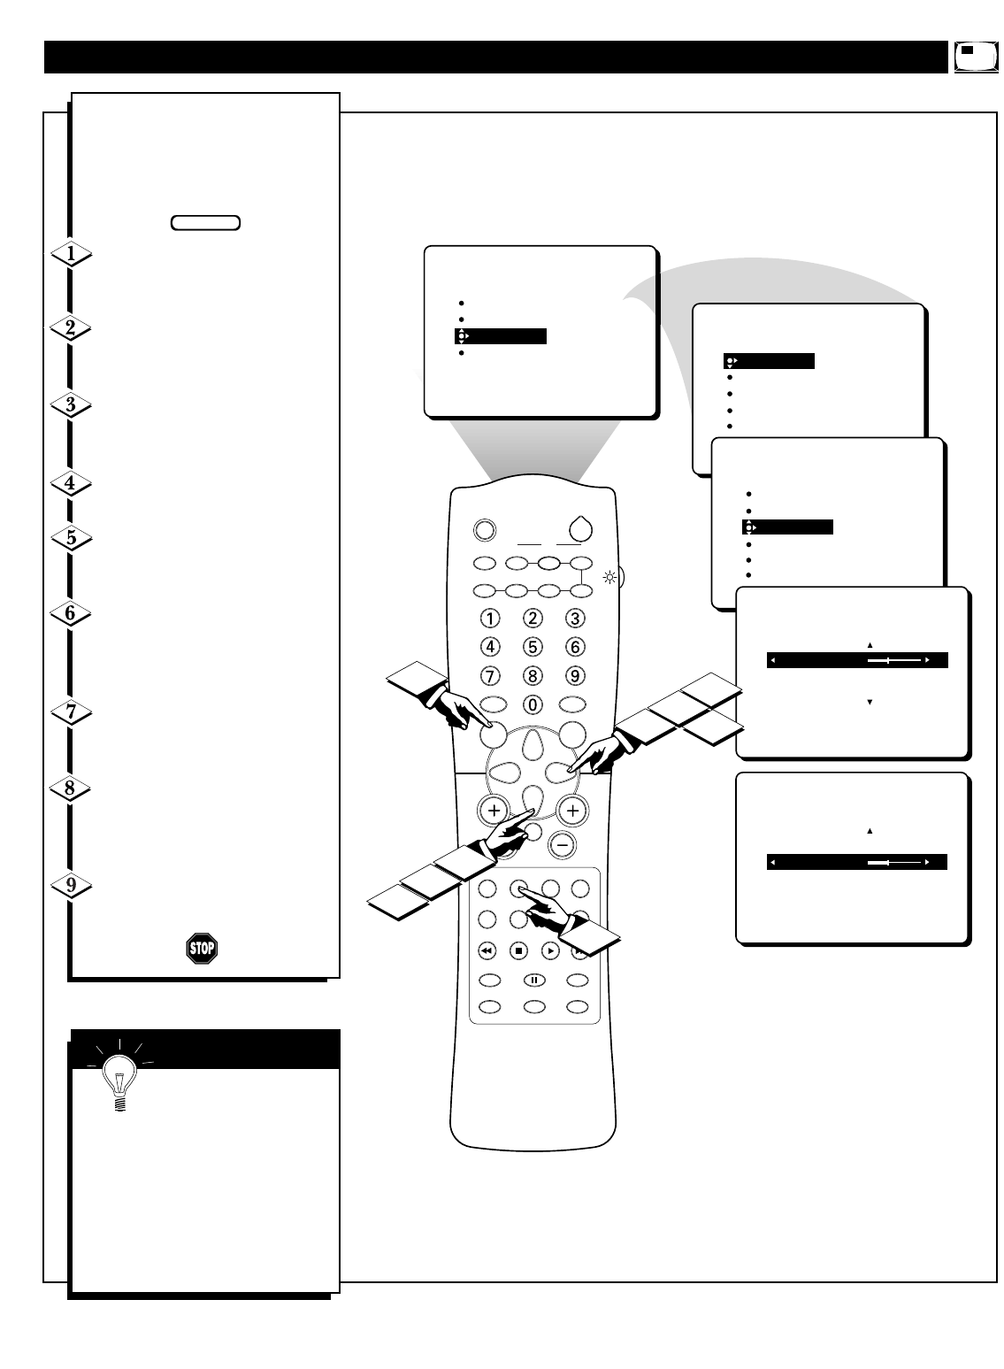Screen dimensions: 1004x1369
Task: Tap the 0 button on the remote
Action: point(533,705)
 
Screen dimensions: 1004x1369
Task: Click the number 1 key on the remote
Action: point(490,619)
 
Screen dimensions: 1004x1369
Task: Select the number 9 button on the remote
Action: point(575,676)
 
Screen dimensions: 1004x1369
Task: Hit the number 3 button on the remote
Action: point(575,619)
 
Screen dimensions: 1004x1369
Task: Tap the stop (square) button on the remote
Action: point(519,951)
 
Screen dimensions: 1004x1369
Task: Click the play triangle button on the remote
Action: point(550,951)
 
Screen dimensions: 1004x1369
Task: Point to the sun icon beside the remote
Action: point(609,579)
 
